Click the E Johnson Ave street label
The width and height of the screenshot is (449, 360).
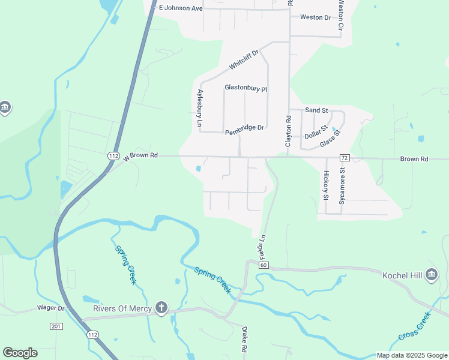(181, 8)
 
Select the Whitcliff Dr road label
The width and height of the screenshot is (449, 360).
(243, 59)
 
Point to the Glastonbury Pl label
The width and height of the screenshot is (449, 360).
(246, 88)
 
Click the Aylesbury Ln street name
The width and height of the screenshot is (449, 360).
(200, 108)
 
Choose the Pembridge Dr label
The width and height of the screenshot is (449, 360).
(244, 127)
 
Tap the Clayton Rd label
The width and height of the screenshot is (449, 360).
(288, 133)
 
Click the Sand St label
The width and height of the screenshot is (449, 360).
(316, 110)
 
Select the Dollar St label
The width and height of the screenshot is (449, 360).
(316, 132)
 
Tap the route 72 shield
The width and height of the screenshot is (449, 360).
(344, 157)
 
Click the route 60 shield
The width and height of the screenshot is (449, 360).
(263, 265)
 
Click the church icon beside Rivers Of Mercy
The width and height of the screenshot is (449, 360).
(161, 308)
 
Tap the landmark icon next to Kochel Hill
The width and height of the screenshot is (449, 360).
(431, 275)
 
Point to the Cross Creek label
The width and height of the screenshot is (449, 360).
(415, 328)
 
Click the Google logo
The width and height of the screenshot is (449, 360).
(20, 353)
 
